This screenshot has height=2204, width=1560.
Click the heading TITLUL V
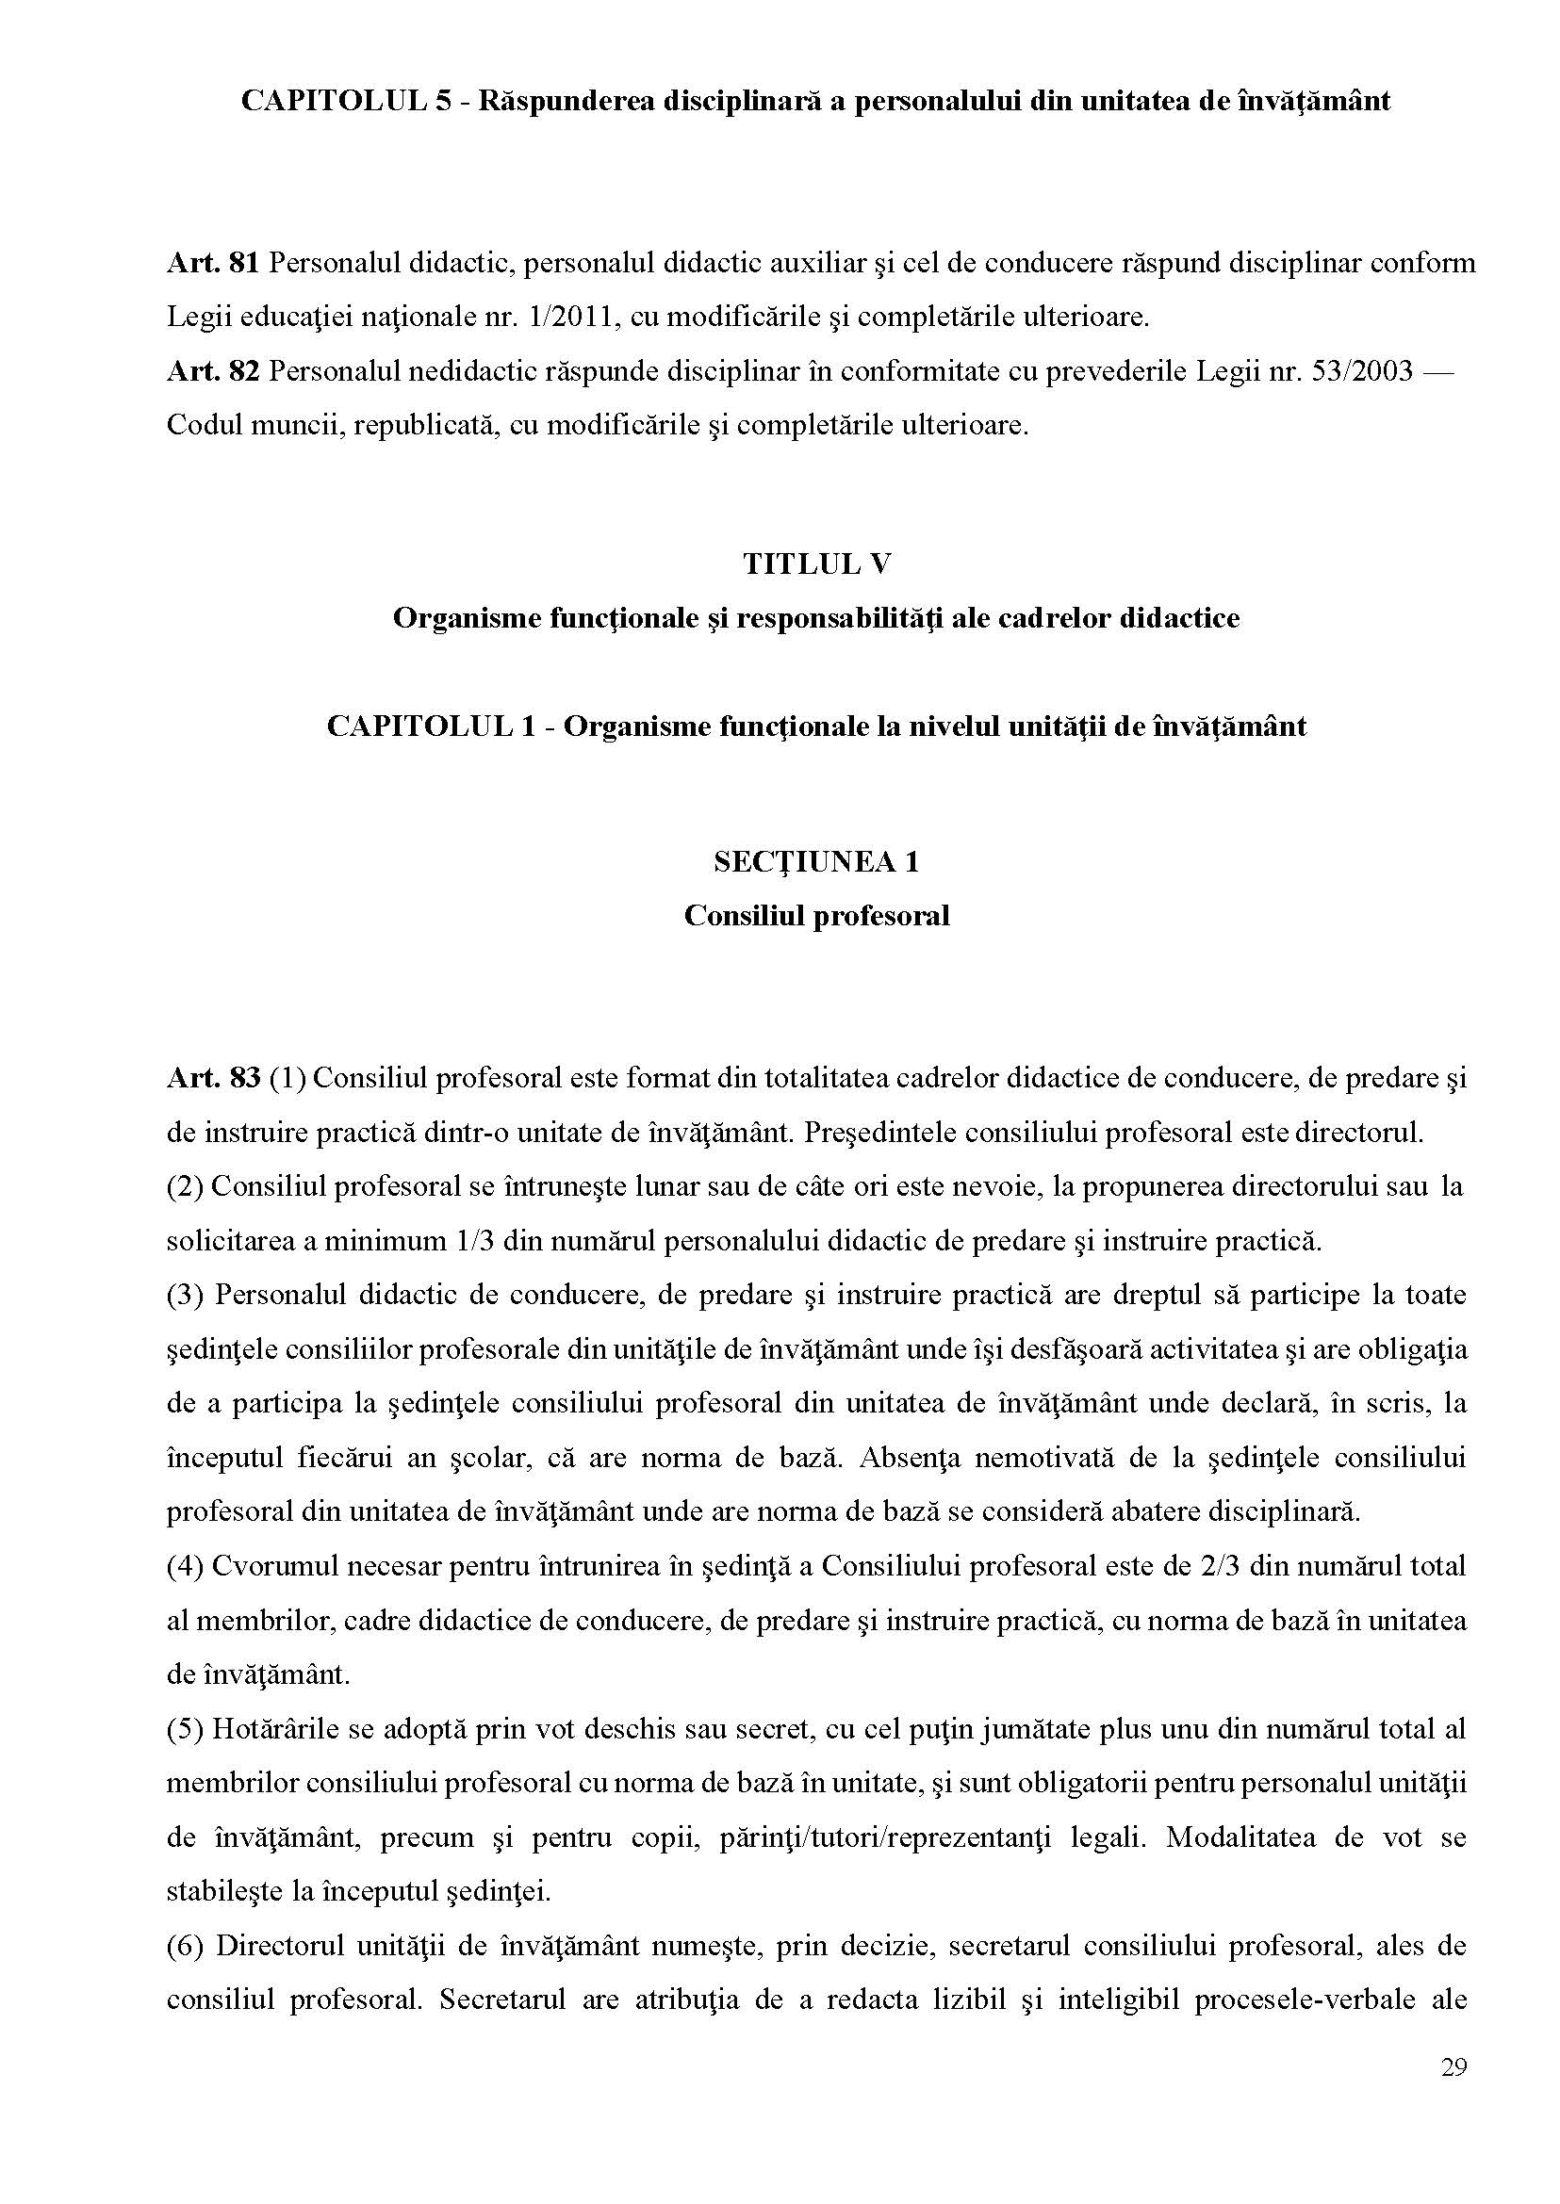pos(815,563)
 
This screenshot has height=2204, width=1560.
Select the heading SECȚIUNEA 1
pos(815,861)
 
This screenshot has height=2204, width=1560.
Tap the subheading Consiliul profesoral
pos(815,915)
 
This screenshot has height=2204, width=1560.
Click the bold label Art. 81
pos(212,263)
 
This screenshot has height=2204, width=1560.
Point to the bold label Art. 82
pos(212,370)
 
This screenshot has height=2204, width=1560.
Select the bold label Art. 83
pos(212,1079)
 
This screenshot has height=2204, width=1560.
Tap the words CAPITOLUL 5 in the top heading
pos(345,102)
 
